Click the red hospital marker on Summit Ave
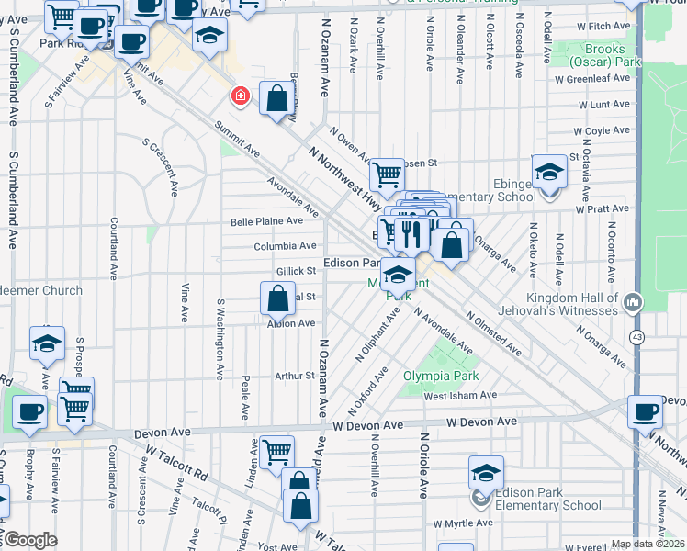pyautogui.click(x=240, y=96)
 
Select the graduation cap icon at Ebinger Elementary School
pyautogui.click(x=548, y=172)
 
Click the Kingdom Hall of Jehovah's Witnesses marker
pyautogui.click(x=633, y=302)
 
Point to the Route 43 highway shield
pyautogui.click(x=636, y=338)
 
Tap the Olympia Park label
pyautogui.click(x=436, y=376)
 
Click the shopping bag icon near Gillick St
pyautogui.click(x=277, y=299)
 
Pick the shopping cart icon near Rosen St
pyautogui.click(x=387, y=174)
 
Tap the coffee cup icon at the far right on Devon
pyautogui.click(x=646, y=410)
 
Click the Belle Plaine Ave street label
pyautogui.click(x=266, y=221)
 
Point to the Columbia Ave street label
pyautogui.click(x=286, y=246)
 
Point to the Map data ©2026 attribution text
pyautogui.click(x=648, y=544)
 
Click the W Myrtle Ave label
pyautogui.click(x=465, y=523)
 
